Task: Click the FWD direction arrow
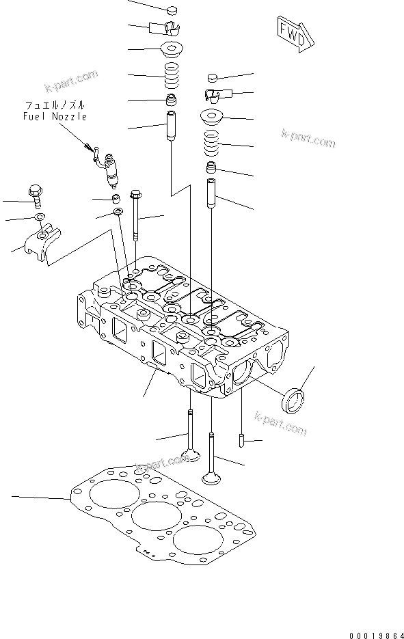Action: coord(295,34)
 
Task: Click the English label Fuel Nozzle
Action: coord(55,117)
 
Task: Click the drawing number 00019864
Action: coord(376,634)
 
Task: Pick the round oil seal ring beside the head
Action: coord(293,401)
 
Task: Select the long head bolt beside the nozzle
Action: coord(135,215)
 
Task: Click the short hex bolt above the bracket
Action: coord(35,196)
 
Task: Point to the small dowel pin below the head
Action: coord(241,441)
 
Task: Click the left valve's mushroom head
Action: coord(191,454)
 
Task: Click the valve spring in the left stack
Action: coord(172,77)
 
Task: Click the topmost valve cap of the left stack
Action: coord(173,10)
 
